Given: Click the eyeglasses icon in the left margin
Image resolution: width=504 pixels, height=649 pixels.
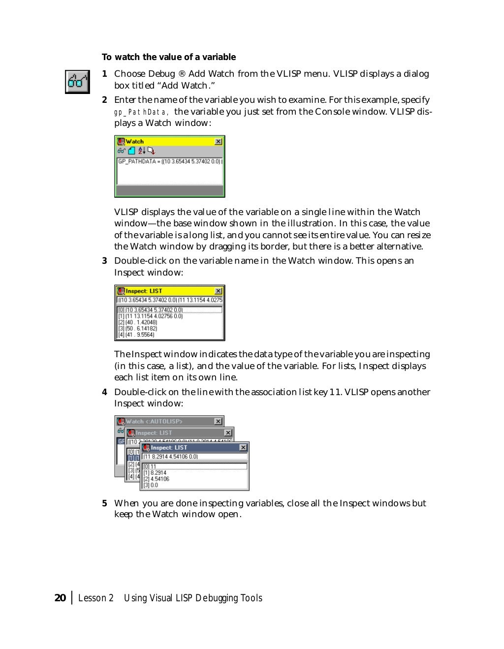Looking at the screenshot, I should (x=78, y=82).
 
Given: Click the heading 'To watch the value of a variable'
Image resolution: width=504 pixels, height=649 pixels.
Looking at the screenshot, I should (x=169, y=57).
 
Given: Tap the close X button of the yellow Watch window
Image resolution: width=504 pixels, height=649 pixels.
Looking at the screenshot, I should (x=218, y=142).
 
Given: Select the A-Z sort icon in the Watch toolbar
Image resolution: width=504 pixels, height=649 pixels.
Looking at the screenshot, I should (x=141, y=151).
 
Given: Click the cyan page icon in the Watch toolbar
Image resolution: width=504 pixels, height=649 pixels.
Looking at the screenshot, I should (x=131, y=151).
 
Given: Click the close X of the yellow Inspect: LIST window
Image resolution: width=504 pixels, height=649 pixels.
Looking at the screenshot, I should (x=218, y=291).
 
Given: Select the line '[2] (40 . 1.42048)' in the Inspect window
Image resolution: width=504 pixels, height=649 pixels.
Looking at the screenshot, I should (x=138, y=322).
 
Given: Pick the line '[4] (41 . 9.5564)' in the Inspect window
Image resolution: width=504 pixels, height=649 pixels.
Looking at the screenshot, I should (x=136, y=335).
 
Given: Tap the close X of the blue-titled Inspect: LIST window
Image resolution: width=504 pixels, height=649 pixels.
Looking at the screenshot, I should (x=243, y=448).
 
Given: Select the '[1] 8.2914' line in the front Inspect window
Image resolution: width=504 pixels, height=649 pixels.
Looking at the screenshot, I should (x=155, y=473).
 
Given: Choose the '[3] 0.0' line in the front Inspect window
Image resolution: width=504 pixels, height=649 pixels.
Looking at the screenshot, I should (x=151, y=485).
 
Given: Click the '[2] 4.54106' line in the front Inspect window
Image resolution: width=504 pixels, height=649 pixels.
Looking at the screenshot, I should (x=157, y=479).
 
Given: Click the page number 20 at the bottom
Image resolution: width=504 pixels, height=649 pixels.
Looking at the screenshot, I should (x=60, y=598).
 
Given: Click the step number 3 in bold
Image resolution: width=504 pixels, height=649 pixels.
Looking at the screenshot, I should (x=104, y=261).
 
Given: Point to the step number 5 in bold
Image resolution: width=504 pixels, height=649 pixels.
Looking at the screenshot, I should (x=104, y=503).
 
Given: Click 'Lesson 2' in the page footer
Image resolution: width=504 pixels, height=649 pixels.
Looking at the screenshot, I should (x=96, y=598).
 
